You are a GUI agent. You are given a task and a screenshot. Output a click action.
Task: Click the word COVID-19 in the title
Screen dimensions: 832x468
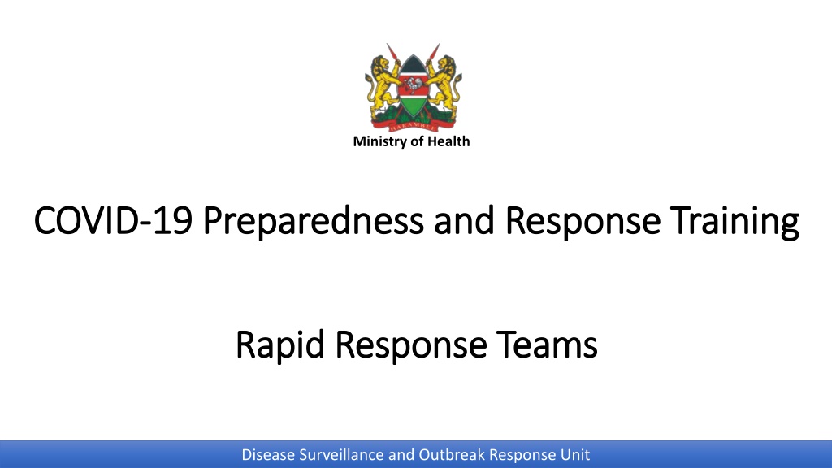113,219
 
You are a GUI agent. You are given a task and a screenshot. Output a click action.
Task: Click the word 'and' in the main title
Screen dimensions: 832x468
464,219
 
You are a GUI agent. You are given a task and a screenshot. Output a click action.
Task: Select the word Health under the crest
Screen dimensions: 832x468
448,141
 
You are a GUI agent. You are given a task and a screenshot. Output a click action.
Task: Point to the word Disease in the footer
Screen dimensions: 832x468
268,455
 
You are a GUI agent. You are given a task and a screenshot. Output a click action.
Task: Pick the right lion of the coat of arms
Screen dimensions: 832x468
444,88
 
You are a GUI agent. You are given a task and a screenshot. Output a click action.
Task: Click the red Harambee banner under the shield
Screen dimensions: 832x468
413,126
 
